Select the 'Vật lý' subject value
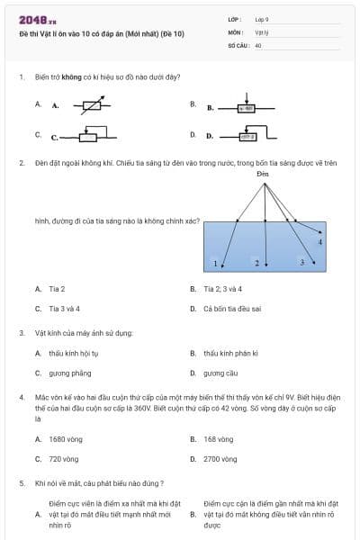pyautogui.click(x=262, y=31)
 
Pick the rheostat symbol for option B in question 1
pyautogui.click(x=247, y=106)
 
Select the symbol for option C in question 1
pyautogui.click(x=86, y=136)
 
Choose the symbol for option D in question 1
pyautogui.click(x=247, y=137)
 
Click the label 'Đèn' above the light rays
pyautogui.click(x=263, y=172)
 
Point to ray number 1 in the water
pyautogui.click(x=216, y=264)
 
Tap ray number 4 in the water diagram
pyautogui.click(x=320, y=242)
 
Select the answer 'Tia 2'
pyautogui.click(x=57, y=289)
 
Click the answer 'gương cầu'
pyautogui.click(x=220, y=373)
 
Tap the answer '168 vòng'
pyautogui.click(x=218, y=438)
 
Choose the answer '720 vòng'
pyautogui.click(x=62, y=458)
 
